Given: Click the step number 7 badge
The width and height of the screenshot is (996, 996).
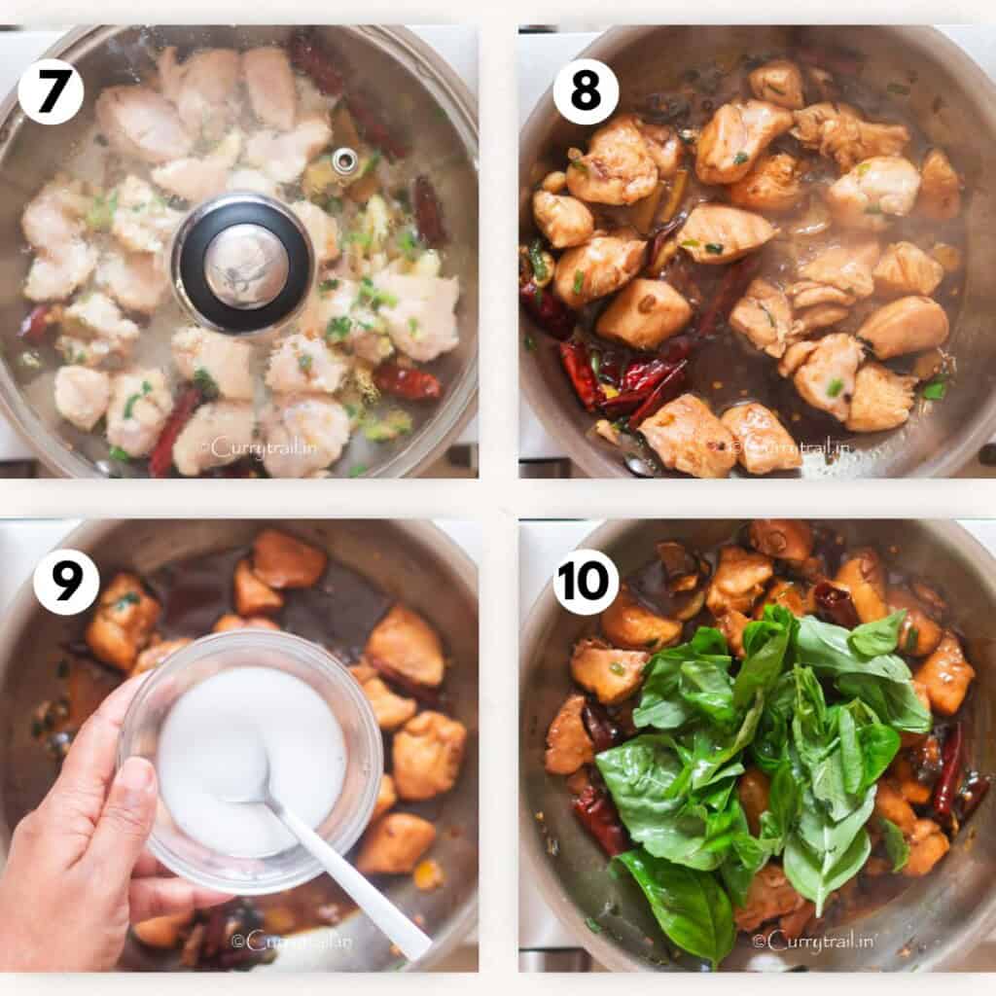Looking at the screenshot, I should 51,91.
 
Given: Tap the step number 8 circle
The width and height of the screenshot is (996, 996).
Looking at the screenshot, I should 586,91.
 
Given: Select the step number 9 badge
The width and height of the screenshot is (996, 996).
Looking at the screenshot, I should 66,582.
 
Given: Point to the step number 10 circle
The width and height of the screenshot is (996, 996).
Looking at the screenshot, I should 586,582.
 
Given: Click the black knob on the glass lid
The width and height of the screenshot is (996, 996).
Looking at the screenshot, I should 242,263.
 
